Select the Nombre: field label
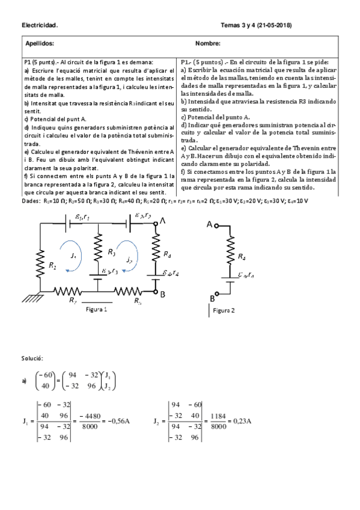pos(207,43)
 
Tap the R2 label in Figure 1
pos(52,265)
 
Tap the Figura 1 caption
pos(96,309)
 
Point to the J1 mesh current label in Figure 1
pos(73,256)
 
